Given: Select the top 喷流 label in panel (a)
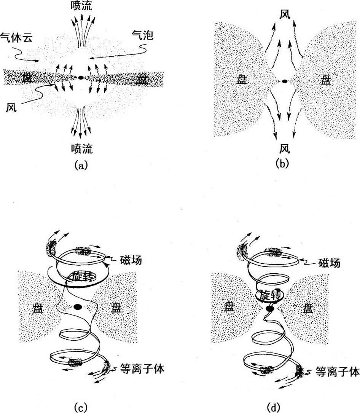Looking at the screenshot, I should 81,5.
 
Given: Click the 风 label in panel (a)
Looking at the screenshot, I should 11,108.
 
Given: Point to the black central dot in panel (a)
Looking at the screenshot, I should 81,78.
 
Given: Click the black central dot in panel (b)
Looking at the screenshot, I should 285,81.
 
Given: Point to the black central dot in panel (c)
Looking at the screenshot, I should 78,307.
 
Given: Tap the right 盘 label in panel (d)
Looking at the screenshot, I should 308,308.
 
